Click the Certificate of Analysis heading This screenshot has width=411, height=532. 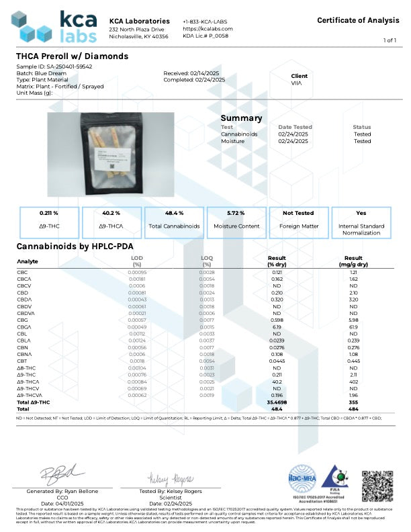pyautogui.click(x=359, y=20)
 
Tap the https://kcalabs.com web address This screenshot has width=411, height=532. pyautogui.click(x=207, y=29)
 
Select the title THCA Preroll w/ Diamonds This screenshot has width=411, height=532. pyautogui.click(x=72, y=56)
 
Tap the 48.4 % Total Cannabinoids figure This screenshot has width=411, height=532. pyautogui.click(x=174, y=212)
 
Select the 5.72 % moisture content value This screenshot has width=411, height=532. pyautogui.click(x=236, y=212)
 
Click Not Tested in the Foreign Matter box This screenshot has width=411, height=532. pyautogui.click(x=299, y=212)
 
